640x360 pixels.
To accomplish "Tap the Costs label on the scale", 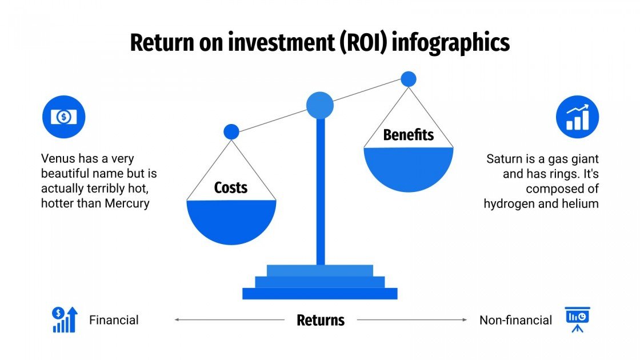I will (x=231, y=187).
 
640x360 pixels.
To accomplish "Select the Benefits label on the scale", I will (x=408, y=135).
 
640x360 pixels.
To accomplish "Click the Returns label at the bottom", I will (x=321, y=320).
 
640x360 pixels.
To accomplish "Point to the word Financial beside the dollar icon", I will (x=114, y=320).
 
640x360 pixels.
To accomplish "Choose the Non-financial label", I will (x=515, y=320).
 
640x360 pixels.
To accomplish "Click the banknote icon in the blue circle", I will (x=63, y=117).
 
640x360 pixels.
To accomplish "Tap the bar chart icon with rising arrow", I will (x=577, y=117).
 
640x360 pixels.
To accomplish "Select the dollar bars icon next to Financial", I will (x=65, y=319).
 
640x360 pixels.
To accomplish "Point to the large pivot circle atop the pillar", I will (x=319, y=105).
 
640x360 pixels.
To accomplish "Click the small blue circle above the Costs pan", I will (x=231, y=132).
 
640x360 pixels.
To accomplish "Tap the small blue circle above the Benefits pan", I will (x=408, y=79).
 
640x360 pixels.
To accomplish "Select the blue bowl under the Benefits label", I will (x=408, y=167).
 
